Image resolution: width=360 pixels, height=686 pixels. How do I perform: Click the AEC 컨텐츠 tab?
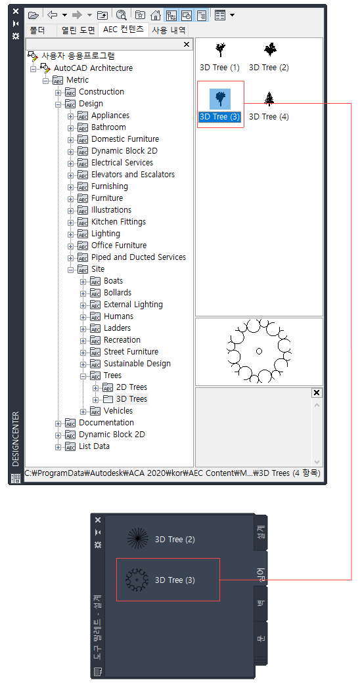pyautogui.click(x=123, y=30)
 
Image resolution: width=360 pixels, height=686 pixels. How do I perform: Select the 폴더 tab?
pyautogui.click(x=37, y=31)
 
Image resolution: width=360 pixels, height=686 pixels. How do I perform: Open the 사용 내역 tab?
pyautogui.click(x=169, y=30)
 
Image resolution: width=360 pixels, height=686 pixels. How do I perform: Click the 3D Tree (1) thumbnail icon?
pyautogui.click(x=220, y=51)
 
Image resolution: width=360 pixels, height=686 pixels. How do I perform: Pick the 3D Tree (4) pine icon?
pyautogui.click(x=269, y=98)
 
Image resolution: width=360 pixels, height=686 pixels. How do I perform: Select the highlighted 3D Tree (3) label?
pyautogui.click(x=220, y=117)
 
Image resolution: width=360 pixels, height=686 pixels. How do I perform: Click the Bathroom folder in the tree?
pyautogui.click(x=108, y=127)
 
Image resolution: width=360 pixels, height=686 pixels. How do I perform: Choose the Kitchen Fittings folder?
pyautogui.click(x=118, y=222)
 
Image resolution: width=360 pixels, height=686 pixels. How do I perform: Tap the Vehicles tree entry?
pyautogui.click(x=118, y=411)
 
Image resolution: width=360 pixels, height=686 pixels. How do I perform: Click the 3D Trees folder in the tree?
pyautogui.click(x=131, y=399)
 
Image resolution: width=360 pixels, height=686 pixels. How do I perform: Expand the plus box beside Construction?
pyautogui.click(x=58, y=93)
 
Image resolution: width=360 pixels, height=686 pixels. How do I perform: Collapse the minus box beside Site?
pyautogui.click(x=70, y=270)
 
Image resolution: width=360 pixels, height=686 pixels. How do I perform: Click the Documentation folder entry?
pyautogui.click(x=106, y=423)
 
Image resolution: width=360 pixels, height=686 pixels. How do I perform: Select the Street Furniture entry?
pyautogui.click(x=131, y=352)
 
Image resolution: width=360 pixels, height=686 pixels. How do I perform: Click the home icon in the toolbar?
pyautogui.click(x=156, y=15)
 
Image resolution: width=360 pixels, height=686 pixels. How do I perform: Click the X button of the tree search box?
pyautogui.click(x=187, y=44)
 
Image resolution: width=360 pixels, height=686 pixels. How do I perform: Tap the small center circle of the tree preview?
pyautogui.click(x=259, y=351)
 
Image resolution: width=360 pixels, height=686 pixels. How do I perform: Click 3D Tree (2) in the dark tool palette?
pyautogui.click(x=175, y=540)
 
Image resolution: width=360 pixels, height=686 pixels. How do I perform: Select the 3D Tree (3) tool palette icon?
pyautogui.click(x=137, y=580)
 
